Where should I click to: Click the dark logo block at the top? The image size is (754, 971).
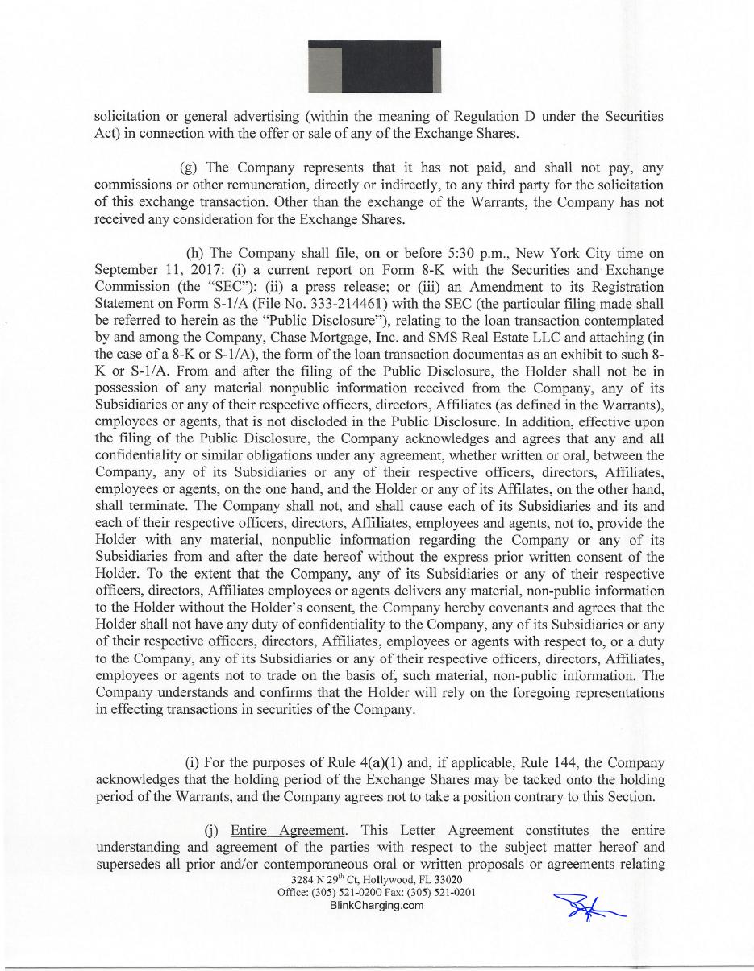(374, 65)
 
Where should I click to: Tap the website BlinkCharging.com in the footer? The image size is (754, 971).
(377, 905)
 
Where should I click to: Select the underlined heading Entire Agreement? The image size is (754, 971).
(288, 830)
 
